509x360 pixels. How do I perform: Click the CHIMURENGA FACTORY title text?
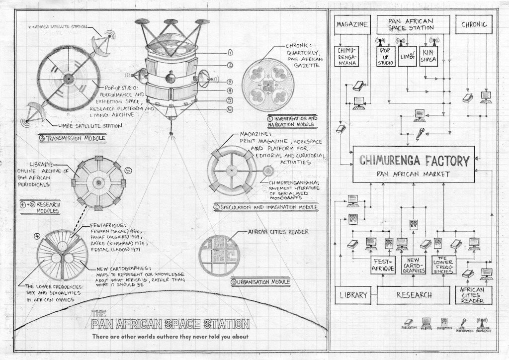[414, 161]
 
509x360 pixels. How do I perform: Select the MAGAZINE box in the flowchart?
[352, 24]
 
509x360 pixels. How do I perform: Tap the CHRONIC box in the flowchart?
[474, 24]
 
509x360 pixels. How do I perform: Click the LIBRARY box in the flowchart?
[352, 295]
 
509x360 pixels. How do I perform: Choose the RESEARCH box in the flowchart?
[414, 295]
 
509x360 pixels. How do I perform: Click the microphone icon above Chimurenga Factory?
[421, 133]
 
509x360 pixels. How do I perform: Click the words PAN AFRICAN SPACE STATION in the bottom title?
[170, 325]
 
